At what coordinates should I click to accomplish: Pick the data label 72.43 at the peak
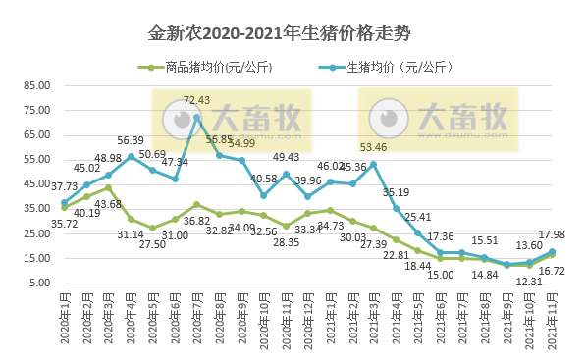click(196, 100)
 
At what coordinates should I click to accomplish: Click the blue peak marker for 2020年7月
click(196, 117)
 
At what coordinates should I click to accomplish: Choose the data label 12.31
click(529, 282)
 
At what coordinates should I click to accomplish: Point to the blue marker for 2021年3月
click(374, 164)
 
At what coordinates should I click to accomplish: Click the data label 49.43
click(286, 157)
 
